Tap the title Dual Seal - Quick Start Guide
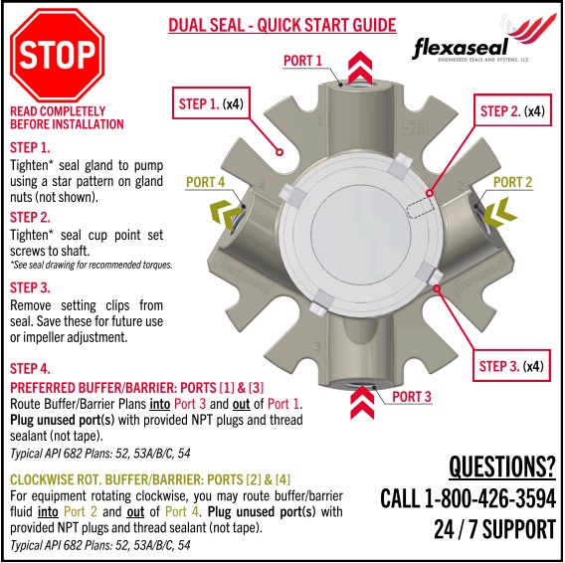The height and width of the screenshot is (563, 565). click(282, 25)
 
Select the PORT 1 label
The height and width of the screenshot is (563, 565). click(302, 61)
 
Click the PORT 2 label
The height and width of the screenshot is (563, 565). click(512, 182)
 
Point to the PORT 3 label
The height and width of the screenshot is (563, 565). click(411, 397)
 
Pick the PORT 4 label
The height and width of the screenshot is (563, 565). click(206, 182)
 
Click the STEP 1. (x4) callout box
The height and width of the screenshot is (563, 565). click(213, 103)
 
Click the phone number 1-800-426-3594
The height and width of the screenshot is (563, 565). click(468, 497)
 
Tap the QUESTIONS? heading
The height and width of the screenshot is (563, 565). click(501, 466)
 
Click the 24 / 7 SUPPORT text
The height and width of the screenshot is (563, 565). click(494, 529)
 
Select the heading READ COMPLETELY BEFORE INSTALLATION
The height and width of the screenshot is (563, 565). click(67, 118)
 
